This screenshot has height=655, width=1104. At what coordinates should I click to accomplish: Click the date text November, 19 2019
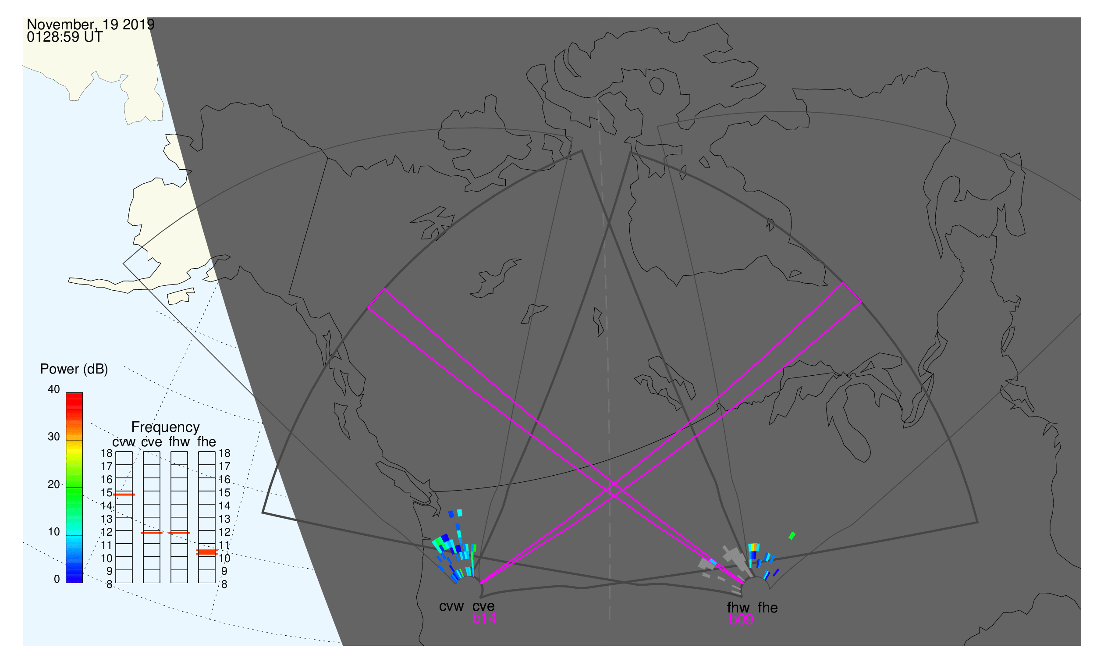click(x=90, y=25)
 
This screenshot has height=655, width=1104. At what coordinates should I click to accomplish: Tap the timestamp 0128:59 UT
click(x=65, y=37)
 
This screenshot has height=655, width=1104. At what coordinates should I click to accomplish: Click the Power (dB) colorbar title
click(x=74, y=370)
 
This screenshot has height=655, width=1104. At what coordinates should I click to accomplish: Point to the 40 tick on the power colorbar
click(x=54, y=390)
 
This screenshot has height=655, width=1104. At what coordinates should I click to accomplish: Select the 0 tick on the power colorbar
click(x=57, y=580)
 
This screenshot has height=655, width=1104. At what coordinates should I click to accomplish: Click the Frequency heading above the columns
click(x=166, y=427)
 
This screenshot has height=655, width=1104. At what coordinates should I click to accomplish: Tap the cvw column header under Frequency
click(x=124, y=442)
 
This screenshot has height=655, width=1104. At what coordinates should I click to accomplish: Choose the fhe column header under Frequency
click(x=206, y=442)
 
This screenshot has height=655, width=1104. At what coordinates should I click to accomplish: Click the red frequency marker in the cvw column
click(x=124, y=495)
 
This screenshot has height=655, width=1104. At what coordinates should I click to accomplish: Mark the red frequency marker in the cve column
click(x=151, y=533)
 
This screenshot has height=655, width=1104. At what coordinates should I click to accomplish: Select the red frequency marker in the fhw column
click(x=179, y=533)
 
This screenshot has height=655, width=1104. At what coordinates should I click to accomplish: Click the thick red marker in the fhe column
click(x=206, y=552)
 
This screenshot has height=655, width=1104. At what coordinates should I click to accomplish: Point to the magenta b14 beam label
click(x=484, y=619)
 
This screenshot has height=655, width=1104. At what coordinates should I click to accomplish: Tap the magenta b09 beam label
click(x=741, y=620)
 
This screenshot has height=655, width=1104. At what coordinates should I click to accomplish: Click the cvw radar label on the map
click(x=451, y=607)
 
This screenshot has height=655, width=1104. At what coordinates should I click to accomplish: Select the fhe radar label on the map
click(x=768, y=608)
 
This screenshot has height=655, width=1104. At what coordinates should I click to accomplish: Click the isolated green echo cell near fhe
click(x=792, y=536)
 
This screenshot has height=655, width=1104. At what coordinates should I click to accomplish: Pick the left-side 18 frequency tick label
click(x=107, y=453)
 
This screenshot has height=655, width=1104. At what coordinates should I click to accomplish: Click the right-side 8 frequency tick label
click(x=224, y=585)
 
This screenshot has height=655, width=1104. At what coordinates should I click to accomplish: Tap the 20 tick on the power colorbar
click(x=54, y=484)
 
